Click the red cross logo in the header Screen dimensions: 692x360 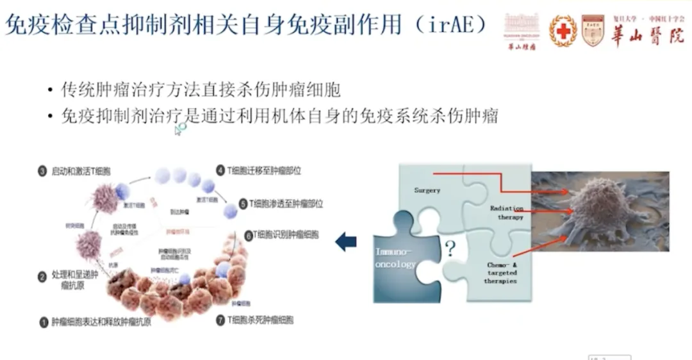[x=563, y=30]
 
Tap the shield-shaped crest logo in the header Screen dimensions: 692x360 [x=592, y=30]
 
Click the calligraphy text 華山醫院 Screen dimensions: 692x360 [x=647, y=35]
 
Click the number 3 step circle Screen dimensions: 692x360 [x=43, y=171]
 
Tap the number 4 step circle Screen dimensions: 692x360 [x=220, y=171]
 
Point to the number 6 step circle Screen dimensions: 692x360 [x=249, y=234]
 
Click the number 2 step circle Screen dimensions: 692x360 [x=43, y=277]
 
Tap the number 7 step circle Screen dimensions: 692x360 [x=220, y=318]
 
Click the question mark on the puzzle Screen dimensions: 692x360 [x=450, y=249]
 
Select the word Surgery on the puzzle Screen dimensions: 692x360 [x=427, y=190]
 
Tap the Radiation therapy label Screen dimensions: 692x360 [x=506, y=213]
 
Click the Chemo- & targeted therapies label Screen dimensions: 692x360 [x=501, y=272]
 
